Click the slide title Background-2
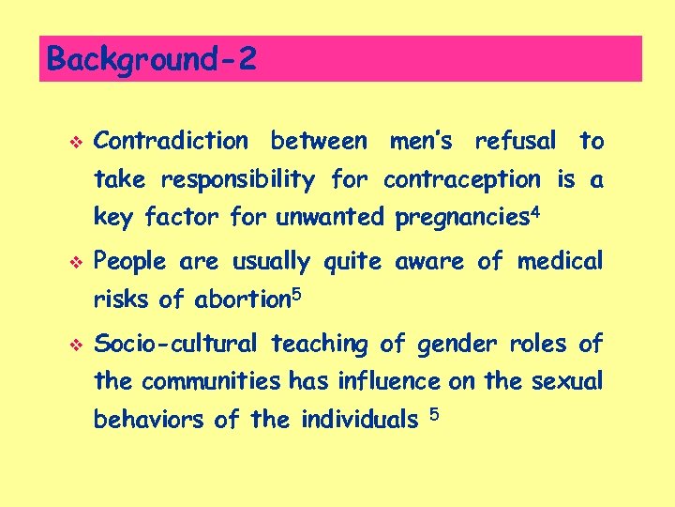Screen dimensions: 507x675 [x=150, y=59]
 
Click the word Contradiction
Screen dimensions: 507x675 [x=172, y=142]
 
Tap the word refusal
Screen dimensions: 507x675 [x=515, y=142]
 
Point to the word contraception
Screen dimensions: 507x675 [x=462, y=179]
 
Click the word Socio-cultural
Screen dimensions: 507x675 [x=178, y=344]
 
